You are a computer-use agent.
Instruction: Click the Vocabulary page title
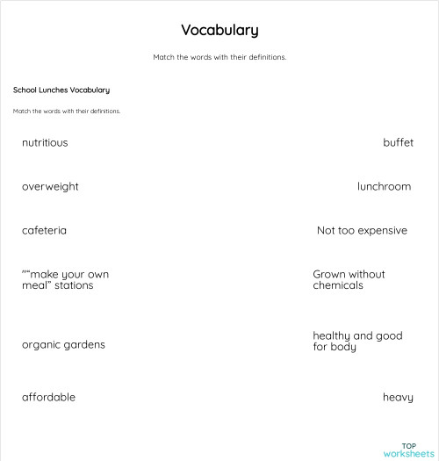(219, 30)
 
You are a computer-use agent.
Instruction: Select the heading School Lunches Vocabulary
(61, 90)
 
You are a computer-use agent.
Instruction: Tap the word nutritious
(45, 142)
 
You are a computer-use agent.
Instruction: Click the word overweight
(50, 186)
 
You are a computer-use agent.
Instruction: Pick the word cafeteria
(44, 230)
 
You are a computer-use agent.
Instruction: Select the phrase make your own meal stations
(65, 279)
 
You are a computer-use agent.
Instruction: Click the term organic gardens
(63, 344)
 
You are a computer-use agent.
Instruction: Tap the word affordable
(48, 397)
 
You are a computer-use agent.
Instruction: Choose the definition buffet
(398, 142)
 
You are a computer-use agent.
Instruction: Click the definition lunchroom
(384, 186)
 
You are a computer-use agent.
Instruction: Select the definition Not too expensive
(362, 230)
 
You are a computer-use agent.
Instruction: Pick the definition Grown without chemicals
(349, 279)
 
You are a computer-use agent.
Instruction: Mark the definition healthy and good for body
(357, 341)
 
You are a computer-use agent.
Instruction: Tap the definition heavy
(398, 397)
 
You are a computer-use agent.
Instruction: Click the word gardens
(84, 344)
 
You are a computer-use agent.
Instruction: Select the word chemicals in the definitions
(338, 285)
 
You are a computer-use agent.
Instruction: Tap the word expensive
(384, 230)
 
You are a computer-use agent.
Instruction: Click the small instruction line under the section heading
(67, 112)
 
